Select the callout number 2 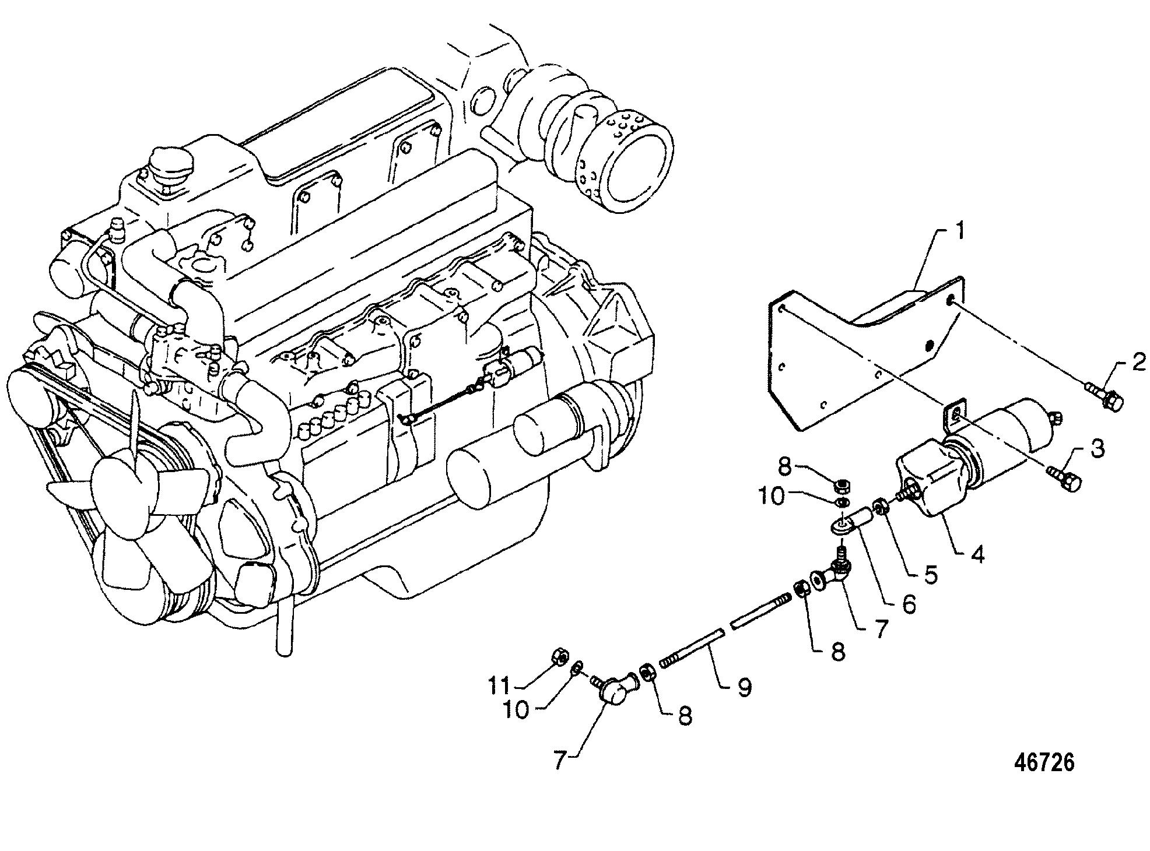coord(1138,364)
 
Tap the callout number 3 coord(1097,449)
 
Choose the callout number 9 coord(744,687)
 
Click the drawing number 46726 coord(1044,762)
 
